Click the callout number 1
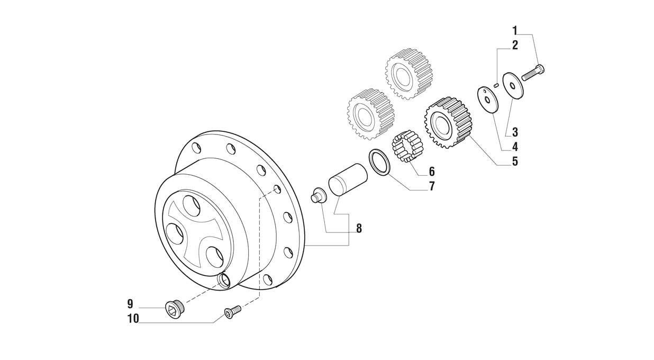[x=514, y=30]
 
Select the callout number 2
[x=514, y=45]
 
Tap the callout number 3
[x=514, y=132]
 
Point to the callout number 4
[x=514, y=147]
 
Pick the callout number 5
[x=514, y=161]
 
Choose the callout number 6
[x=432, y=172]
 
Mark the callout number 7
[x=432, y=186]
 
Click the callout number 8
[x=359, y=229]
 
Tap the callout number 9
[x=130, y=304]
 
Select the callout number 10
[x=133, y=319]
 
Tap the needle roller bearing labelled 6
[x=406, y=146]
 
